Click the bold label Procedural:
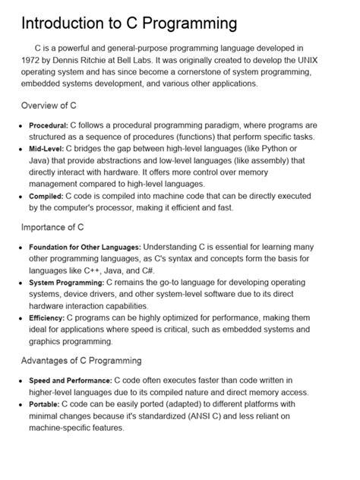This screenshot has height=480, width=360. [x=49, y=125]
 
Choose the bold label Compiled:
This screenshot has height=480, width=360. [x=46, y=196]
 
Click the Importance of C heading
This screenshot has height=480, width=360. [x=52, y=226]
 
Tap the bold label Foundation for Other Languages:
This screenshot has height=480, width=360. [x=84, y=248]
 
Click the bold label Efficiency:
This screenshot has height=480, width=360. [x=47, y=317]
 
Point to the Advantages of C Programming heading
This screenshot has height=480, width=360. [x=81, y=360]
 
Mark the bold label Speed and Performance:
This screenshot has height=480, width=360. [x=70, y=381]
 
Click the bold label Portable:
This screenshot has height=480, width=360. [x=44, y=405]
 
